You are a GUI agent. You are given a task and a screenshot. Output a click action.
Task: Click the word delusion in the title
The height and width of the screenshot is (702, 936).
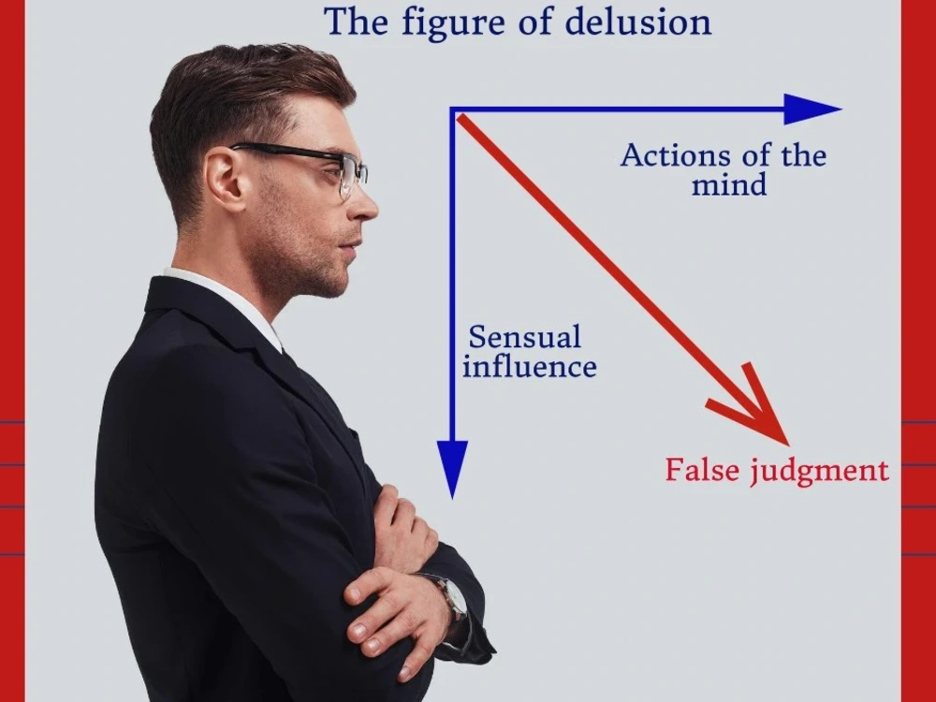tap(638, 22)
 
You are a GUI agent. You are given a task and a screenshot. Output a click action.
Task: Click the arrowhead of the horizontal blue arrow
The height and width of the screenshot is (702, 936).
tap(812, 110)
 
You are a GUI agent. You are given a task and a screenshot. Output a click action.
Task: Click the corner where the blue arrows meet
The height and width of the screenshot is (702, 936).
tap(453, 110)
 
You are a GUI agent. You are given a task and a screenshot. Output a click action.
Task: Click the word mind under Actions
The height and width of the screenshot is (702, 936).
tap(729, 184)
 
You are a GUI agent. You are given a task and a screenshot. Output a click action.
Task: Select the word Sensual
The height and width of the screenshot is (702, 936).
tap(524, 337)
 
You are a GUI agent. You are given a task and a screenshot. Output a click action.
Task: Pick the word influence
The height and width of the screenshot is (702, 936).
tap(530, 366)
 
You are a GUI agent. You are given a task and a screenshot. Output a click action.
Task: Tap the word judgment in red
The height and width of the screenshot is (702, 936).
tap(819, 472)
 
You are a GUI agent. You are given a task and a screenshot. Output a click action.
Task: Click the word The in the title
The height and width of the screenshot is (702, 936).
tap(357, 22)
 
